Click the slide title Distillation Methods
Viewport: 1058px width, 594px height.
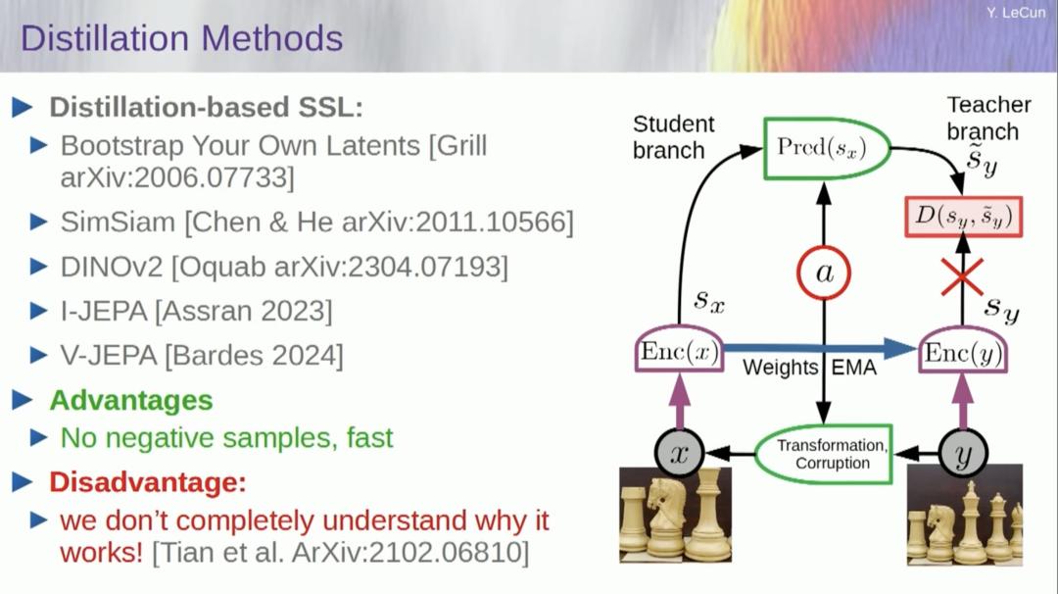pyautogui.click(x=181, y=38)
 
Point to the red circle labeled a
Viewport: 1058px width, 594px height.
pyautogui.click(x=824, y=273)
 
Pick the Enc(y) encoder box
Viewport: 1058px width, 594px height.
pyautogui.click(x=964, y=353)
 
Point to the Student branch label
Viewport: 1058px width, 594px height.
pyautogui.click(x=673, y=137)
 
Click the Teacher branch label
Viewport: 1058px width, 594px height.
pyautogui.click(x=987, y=118)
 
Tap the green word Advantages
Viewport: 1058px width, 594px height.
pyautogui.click(x=130, y=400)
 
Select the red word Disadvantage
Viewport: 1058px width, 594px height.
pyautogui.click(x=147, y=482)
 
